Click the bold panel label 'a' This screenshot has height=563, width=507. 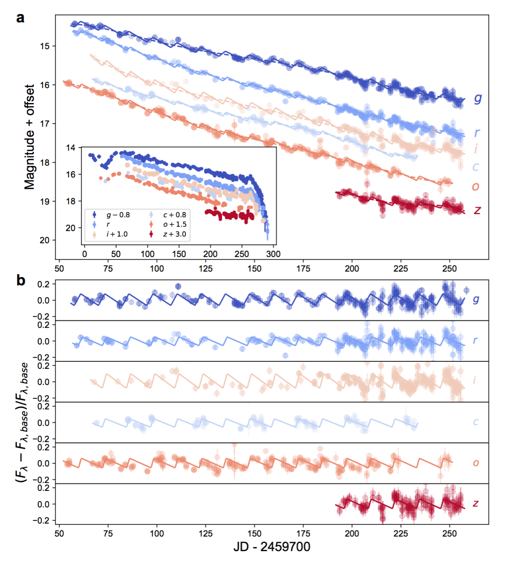point(20,18)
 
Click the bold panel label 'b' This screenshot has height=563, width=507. point(21,280)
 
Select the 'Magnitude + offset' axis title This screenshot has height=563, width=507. point(30,137)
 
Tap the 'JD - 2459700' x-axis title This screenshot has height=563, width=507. point(272,547)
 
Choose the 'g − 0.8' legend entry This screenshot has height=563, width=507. point(118,215)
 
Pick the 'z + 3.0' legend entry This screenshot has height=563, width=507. point(174,234)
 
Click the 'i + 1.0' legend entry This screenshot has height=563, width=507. point(117,234)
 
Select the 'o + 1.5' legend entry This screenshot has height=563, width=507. point(174,224)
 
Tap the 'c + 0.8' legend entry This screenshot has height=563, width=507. point(174,215)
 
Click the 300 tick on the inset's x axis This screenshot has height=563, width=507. point(273,254)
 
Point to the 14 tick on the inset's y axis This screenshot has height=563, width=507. point(71,148)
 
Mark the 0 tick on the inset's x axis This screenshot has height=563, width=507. point(85,254)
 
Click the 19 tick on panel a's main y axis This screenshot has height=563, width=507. point(45,202)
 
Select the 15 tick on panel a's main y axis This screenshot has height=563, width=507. point(45,46)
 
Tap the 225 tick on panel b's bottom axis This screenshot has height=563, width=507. point(401,533)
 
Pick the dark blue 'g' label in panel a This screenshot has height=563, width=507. point(477,98)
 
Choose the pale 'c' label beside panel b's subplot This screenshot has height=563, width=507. point(476,422)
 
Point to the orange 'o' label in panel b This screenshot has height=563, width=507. point(476,463)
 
